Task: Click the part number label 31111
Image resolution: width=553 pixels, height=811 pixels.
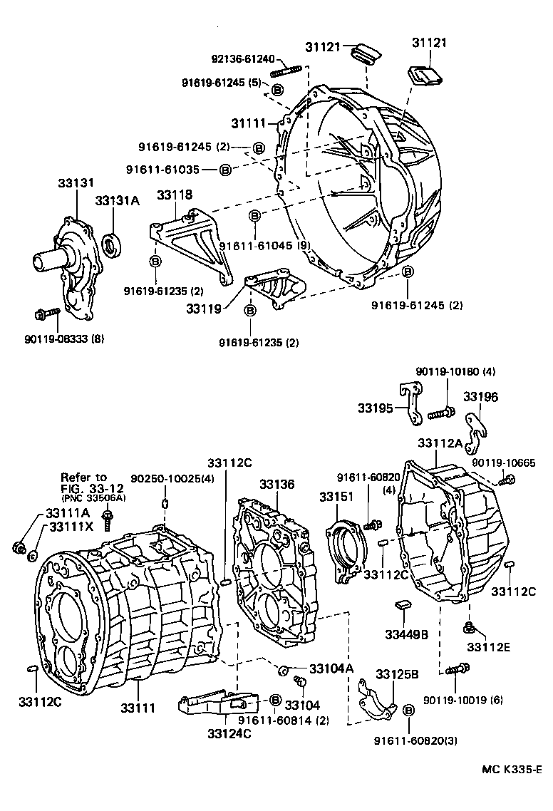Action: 249,123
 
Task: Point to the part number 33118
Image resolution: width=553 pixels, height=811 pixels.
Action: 175,195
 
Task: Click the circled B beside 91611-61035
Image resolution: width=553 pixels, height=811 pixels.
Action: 224,170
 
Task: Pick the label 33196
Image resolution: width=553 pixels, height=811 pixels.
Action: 481,397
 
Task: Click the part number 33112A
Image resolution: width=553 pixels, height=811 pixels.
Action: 440,443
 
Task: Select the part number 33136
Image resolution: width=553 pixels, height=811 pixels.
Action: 276,484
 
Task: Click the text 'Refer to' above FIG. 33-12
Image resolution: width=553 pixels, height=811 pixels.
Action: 83,477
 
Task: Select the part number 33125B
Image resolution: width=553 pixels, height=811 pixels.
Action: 398,674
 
